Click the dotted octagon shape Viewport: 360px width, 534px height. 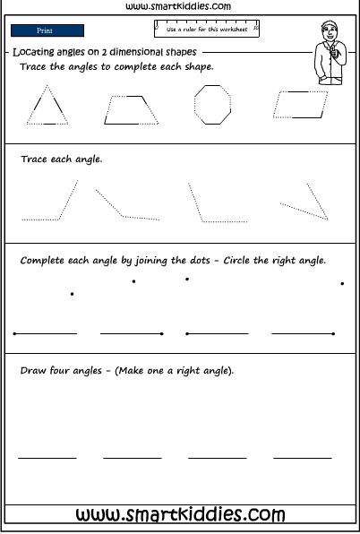point(212,106)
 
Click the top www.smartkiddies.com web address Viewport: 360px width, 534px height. point(180,6)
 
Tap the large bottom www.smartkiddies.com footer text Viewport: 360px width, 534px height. point(180,514)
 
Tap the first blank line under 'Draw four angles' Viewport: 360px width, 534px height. point(47,458)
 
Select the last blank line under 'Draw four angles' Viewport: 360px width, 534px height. point(302,458)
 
